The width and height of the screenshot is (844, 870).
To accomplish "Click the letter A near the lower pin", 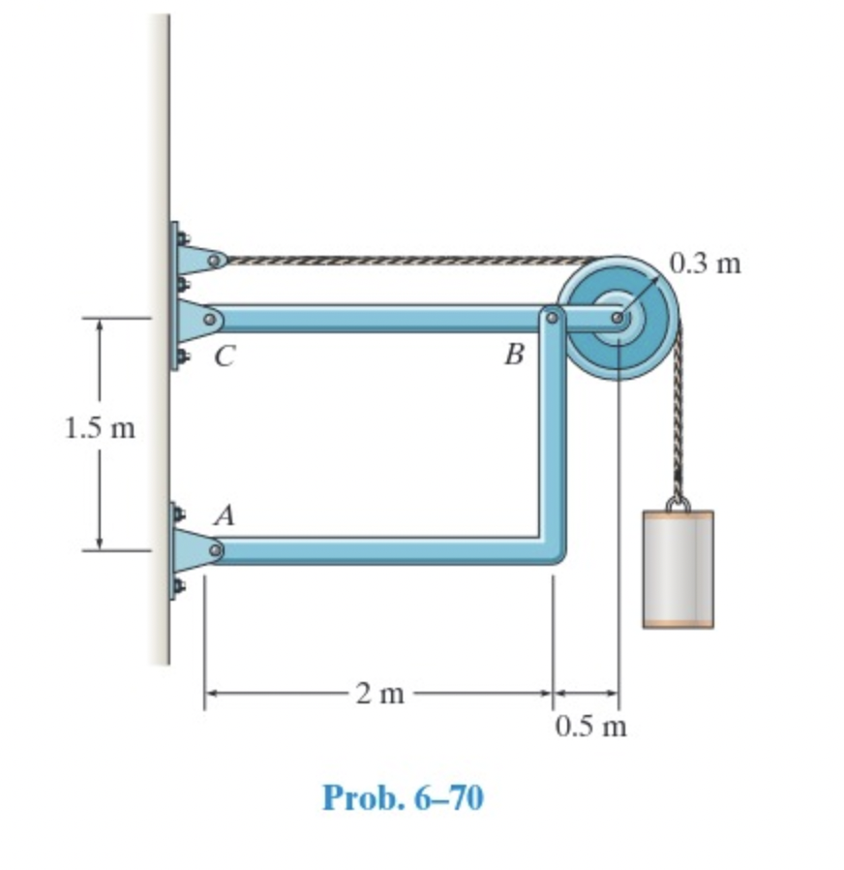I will pos(224,516).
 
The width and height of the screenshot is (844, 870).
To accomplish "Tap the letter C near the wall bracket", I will pos(224,357).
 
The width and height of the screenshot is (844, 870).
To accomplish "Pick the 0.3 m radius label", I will pos(705,263).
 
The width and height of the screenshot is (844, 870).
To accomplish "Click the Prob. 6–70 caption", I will pos(402,797).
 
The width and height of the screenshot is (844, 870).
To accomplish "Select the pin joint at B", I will pos(552,316).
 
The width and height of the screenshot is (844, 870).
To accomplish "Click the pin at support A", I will pos(215,550).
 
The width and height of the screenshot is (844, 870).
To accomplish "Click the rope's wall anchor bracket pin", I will pos(215,260).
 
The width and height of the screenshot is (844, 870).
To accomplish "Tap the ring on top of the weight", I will pos(678,503).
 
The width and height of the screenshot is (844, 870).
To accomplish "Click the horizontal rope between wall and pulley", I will pos(407,260).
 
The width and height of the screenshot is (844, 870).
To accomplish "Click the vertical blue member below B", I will pos(553,436).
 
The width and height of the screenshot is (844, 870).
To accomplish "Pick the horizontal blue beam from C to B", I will pos(377,318).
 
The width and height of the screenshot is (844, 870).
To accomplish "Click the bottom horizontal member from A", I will pos(377,550).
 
